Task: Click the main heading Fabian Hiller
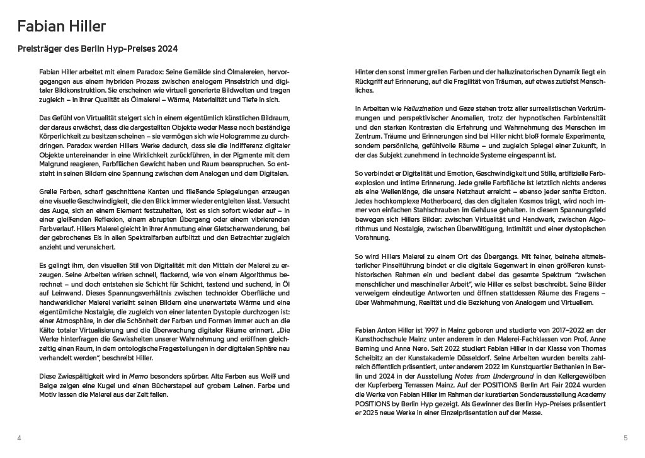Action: pyautogui.click(x=61, y=26)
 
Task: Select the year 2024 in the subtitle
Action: pyautogui.click(x=167, y=49)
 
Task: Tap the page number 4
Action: pyautogui.click(x=20, y=438)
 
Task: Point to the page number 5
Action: pyautogui.click(x=625, y=438)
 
